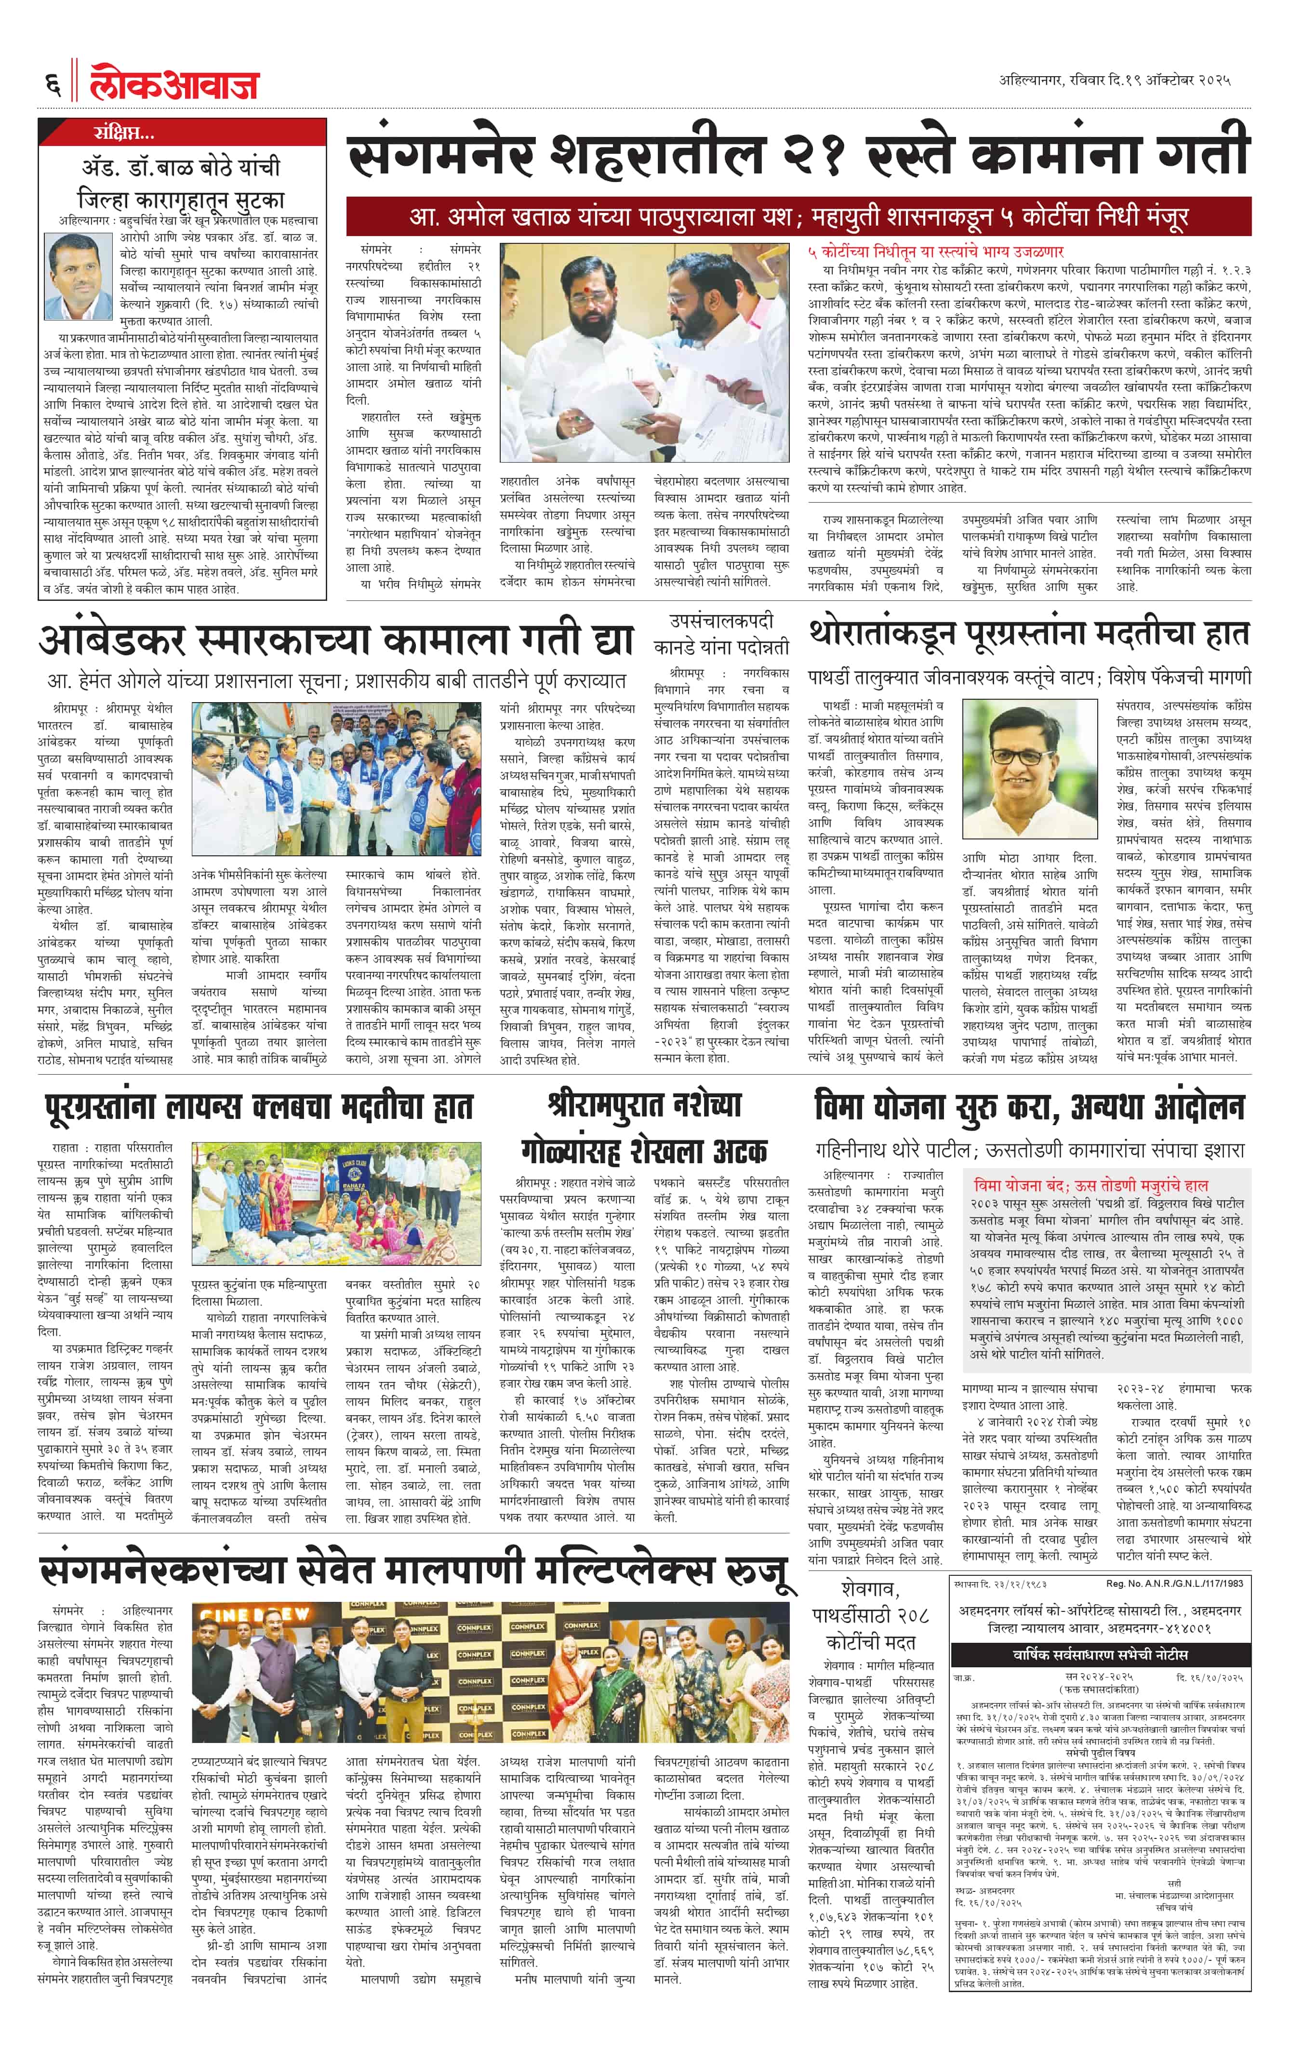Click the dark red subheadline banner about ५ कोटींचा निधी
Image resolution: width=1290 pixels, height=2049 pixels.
[x=798, y=216]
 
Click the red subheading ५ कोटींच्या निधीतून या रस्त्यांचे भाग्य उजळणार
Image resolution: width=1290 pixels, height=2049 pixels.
[x=935, y=252]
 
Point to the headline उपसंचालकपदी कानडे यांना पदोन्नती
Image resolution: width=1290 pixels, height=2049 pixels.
[x=721, y=634]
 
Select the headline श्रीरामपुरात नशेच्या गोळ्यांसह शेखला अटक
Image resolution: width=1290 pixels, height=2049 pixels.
[x=644, y=1128]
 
